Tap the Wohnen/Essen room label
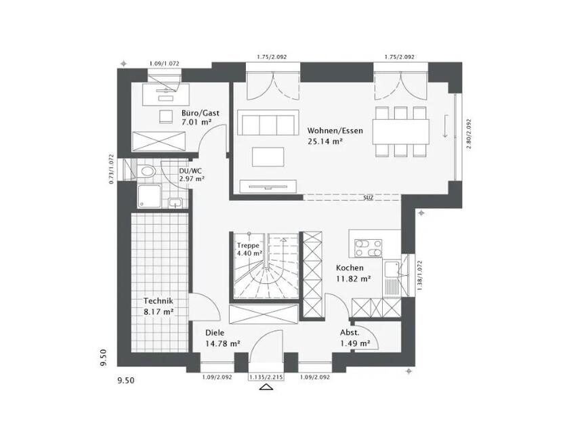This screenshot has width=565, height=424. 335,130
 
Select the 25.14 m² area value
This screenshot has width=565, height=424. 325,142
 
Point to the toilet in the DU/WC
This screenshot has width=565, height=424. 147,171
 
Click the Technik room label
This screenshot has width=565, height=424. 158,301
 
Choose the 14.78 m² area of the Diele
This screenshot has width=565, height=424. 223,343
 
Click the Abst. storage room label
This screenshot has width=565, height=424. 351,333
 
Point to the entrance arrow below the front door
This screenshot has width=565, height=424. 266,388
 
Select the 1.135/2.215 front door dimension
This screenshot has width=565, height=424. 266,377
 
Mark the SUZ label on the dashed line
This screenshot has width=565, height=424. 369,198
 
